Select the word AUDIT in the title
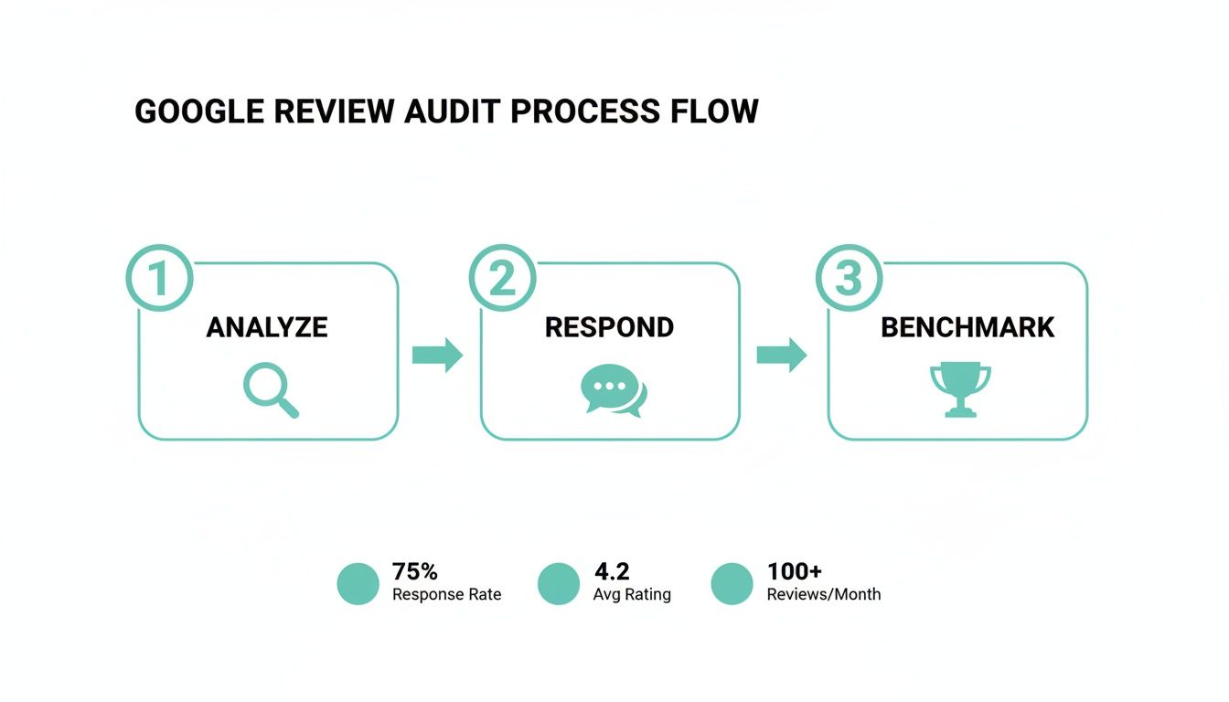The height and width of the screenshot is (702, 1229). point(451,112)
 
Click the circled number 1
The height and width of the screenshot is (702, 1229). point(159,278)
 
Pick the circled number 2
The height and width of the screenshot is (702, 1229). point(502,278)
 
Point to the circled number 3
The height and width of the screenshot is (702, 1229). point(848,278)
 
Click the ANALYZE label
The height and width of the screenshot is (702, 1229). point(267,327)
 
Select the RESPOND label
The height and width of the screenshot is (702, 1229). point(609,327)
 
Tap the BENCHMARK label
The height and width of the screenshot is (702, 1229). point(967,327)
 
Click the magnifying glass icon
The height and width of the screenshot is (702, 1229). point(271,390)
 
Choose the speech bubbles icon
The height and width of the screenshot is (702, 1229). point(613,390)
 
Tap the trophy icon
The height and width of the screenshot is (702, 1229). point(959,389)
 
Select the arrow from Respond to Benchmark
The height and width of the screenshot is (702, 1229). point(782,355)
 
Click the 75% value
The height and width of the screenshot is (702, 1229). point(415,571)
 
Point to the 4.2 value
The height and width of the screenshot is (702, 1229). point(612,571)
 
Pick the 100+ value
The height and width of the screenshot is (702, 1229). point(794,571)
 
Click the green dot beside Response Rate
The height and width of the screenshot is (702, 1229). point(358,583)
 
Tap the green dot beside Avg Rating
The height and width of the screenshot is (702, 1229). point(559,583)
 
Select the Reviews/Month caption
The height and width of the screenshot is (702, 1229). point(823,594)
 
